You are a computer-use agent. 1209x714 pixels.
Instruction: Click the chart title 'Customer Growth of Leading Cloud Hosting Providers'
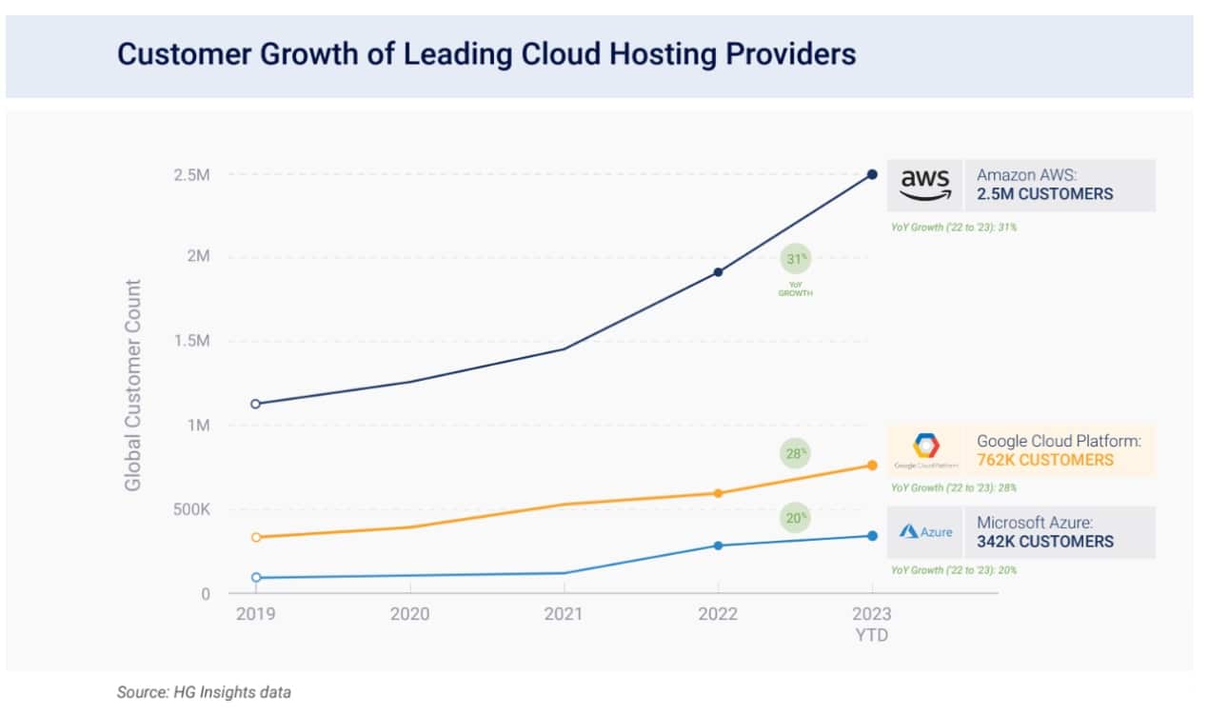[x=486, y=54]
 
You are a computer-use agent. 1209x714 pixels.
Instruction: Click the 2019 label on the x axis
[x=255, y=614]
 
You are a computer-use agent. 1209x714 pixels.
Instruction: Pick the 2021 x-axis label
[x=563, y=614]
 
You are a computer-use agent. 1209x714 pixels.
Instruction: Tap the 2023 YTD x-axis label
[x=871, y=624]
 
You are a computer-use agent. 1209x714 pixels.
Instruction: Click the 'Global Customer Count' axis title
[x=133, y=385]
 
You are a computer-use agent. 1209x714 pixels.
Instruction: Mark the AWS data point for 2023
[x=871, y=174]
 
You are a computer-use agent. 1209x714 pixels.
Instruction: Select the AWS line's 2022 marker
[x=718, y=272]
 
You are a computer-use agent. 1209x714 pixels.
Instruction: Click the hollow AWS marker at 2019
[x=255, y=404]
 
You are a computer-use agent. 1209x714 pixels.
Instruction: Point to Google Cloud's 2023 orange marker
[x=871, y=466]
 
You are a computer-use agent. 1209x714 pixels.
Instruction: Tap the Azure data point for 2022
[x=718, y=545]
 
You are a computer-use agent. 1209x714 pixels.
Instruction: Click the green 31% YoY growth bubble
[x=796, y=259]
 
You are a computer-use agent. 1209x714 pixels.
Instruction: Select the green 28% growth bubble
[x=796, y=454]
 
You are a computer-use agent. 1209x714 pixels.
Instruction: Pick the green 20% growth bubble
[x=796, y=518]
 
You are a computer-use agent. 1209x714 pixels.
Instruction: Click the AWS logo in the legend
[x=925, y=185]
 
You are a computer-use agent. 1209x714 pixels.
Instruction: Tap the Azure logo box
[x=925, y=532]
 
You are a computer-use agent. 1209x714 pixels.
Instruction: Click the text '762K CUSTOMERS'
[x=1044, y=460]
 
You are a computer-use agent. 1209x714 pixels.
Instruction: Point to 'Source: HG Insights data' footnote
[x=203, y=693]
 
